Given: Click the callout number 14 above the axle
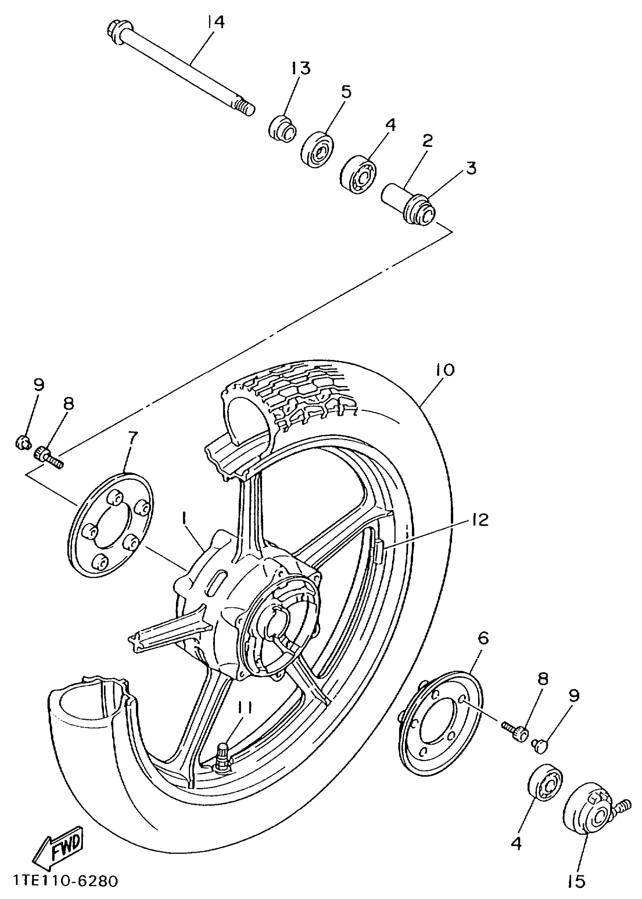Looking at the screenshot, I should [x=216, y=22].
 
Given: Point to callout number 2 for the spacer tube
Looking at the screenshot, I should [x=427, y=141].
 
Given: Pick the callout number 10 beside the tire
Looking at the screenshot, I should [x=445, y=370].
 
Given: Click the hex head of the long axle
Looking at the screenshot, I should [x=114, y=31].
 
